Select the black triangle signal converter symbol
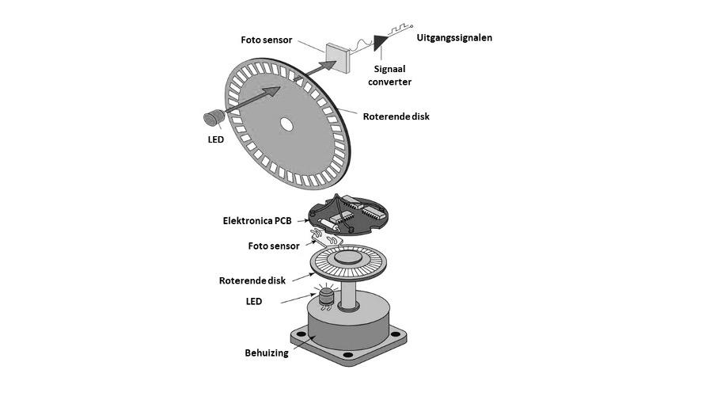[387, 40]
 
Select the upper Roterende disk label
[396, 116]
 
